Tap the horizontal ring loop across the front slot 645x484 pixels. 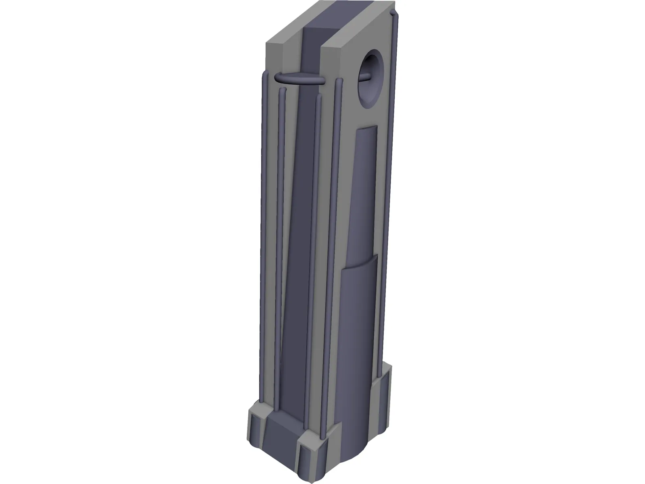[300, 80]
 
